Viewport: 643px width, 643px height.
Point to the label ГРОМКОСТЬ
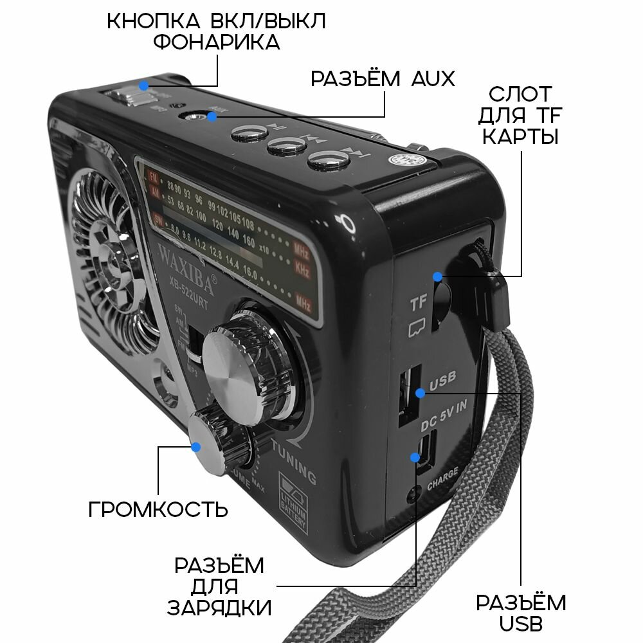(158, 509)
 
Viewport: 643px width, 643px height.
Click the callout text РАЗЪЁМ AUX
(382, 78)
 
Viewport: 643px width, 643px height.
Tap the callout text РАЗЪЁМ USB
(521, 613)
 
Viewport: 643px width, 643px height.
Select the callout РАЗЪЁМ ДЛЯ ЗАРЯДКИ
(219, 586)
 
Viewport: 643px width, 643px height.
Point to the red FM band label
(153, 176)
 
